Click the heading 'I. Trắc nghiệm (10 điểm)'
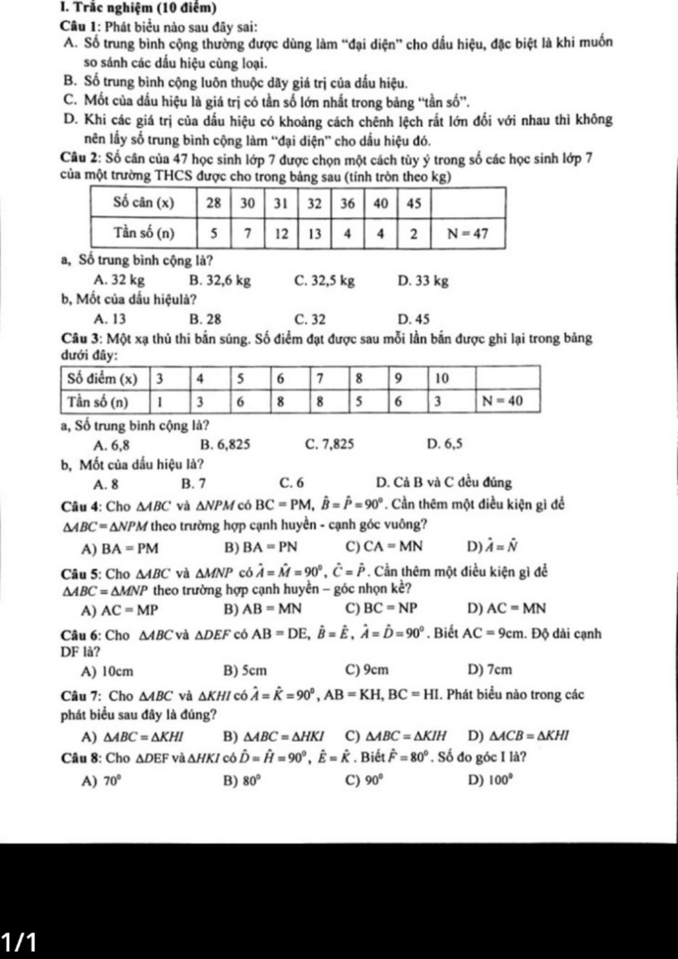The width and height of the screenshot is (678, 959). pyautogui.click(x=109, y=9)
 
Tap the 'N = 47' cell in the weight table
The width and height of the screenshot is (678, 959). pyautogui.click(x=467, y=233)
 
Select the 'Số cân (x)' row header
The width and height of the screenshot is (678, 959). pyautogui.click(x=144, y=202)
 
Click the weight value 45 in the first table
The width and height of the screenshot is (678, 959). pyautogui.click(x=414, y=203)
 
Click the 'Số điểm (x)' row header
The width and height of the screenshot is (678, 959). pyautogui.click(x=103, y=379)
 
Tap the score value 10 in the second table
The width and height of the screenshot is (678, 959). pyautogui.click(x=442, y=379)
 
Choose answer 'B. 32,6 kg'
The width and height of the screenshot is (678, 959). pyautogui.click(x=220, y=281)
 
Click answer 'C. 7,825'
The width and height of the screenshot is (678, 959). pyautogui.click(x=329, y=444)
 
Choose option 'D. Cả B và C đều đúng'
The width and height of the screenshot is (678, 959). pyautogui.click(x=443, y=483)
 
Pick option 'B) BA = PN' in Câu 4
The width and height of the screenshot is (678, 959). pyautogui.click(x=261, y=547)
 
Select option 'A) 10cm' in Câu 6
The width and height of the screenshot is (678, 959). pyautogui.click(x=107, y=671)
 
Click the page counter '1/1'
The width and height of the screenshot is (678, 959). pyautogui.click(x=20, y=941)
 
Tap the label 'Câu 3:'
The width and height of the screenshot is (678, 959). pyautogui.click(x=80, y=339)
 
